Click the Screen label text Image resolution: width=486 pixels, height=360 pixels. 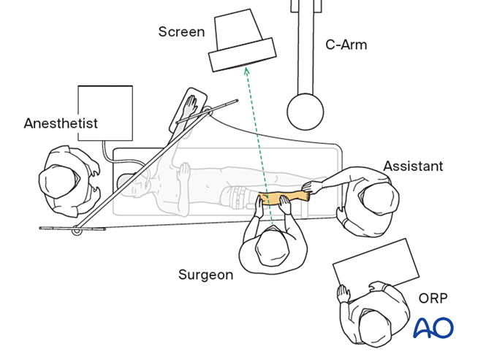(x=182, y=32)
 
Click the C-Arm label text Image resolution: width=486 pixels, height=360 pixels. (x=346, y=45)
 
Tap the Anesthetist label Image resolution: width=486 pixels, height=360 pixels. (x=61, y=123)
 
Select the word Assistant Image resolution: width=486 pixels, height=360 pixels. (x=413, y=166)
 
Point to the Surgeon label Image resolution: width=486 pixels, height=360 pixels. (x=205, y=275)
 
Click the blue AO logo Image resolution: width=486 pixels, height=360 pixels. (x=433, y=329)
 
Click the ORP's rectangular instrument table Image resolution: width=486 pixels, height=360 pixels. (x=376, y=266)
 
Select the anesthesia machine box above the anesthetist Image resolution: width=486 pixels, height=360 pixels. (x=105, y=112)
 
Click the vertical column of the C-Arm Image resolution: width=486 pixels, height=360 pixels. (x=304, y=44)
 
